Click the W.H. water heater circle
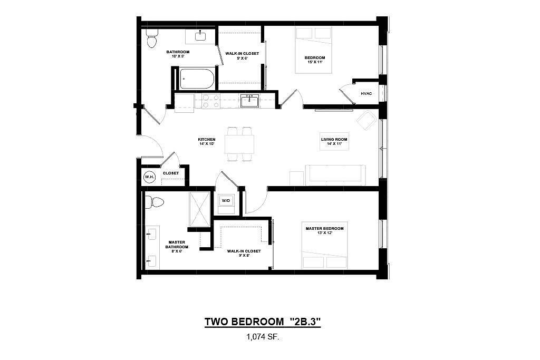[x=149, y=177]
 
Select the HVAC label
[x=366, y=94]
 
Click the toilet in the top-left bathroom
[x=151, y=38]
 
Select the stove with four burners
[x=211, y=102]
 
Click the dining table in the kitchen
[x=240, y=144]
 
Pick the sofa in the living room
[x=335, y=175]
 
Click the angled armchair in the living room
[x=367, y=120]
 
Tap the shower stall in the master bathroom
[x=199, y=210]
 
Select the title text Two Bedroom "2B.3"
[x=263, y=322]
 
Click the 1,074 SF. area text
[x=263, y=337]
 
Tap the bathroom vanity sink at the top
[x=200, y=36]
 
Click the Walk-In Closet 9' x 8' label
[x=244, y=254]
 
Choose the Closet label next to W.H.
[x=171, y=173]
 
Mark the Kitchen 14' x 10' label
[x=207, y=141]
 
